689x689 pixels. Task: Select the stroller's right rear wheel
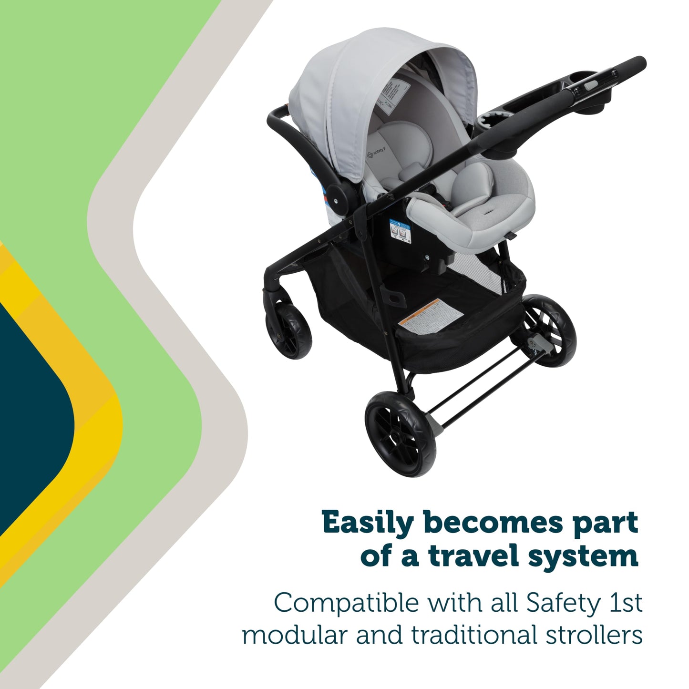coord(551,331)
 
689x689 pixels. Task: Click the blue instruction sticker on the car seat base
coord(399,231)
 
